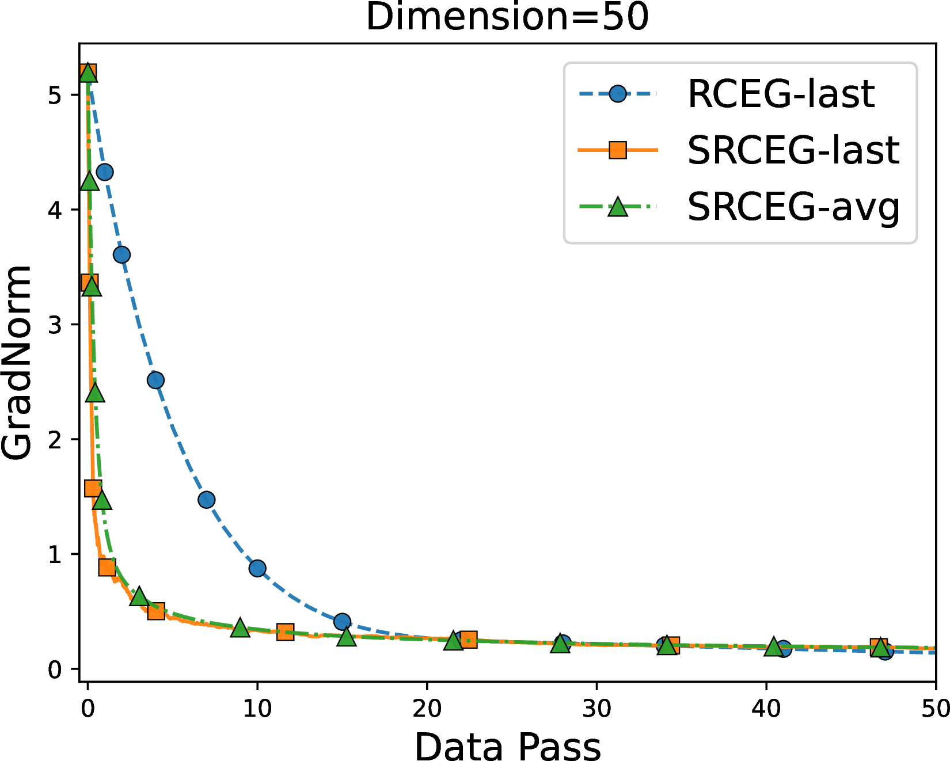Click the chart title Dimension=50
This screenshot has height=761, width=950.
[507, 17]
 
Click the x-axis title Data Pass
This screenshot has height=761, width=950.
[507, 747]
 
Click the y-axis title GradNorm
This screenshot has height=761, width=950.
[16, 363]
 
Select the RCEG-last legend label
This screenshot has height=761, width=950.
[781, 94]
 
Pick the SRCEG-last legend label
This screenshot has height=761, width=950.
[793, 150]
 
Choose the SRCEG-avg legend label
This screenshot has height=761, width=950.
[793, 207]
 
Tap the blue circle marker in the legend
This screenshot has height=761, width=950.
[618, 94]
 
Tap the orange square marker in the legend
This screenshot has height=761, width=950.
[618, 150]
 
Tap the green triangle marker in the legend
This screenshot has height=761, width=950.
[618, 206]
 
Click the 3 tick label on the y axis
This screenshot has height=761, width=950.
[55, 325]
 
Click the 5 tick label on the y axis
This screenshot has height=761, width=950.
[55, 95]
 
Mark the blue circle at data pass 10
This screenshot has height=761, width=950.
[257, 568]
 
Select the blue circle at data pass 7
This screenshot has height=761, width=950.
[206, 500]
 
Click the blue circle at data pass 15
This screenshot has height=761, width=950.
[342, 622]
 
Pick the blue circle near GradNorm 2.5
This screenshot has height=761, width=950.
[155, 380]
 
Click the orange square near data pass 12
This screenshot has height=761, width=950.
[285, 632]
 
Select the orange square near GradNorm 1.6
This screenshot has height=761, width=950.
[93, 488]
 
